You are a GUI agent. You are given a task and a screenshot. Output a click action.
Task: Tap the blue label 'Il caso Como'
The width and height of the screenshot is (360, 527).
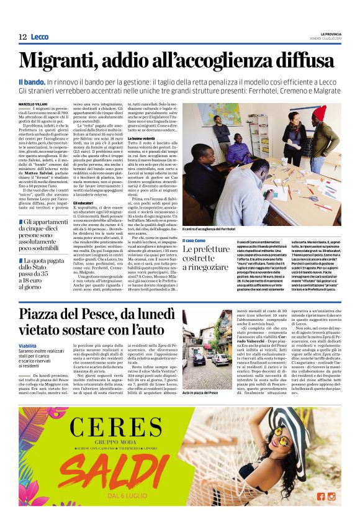(195, 240)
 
